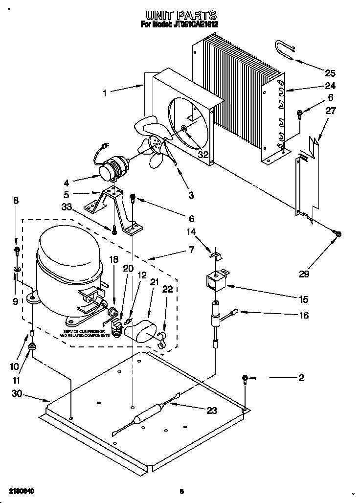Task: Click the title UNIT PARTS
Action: (180, 16)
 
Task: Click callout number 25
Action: (330, 73)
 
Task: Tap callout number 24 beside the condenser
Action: (331, 86)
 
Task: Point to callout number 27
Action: (331, 111)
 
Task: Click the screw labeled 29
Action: (337, 233)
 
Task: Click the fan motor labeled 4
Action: (112, 168)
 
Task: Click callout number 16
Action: (304, 316)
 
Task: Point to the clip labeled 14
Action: (214, 253)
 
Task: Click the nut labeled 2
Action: (245, 378)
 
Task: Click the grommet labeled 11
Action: (32, 347)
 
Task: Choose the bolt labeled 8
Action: (17, 251)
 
